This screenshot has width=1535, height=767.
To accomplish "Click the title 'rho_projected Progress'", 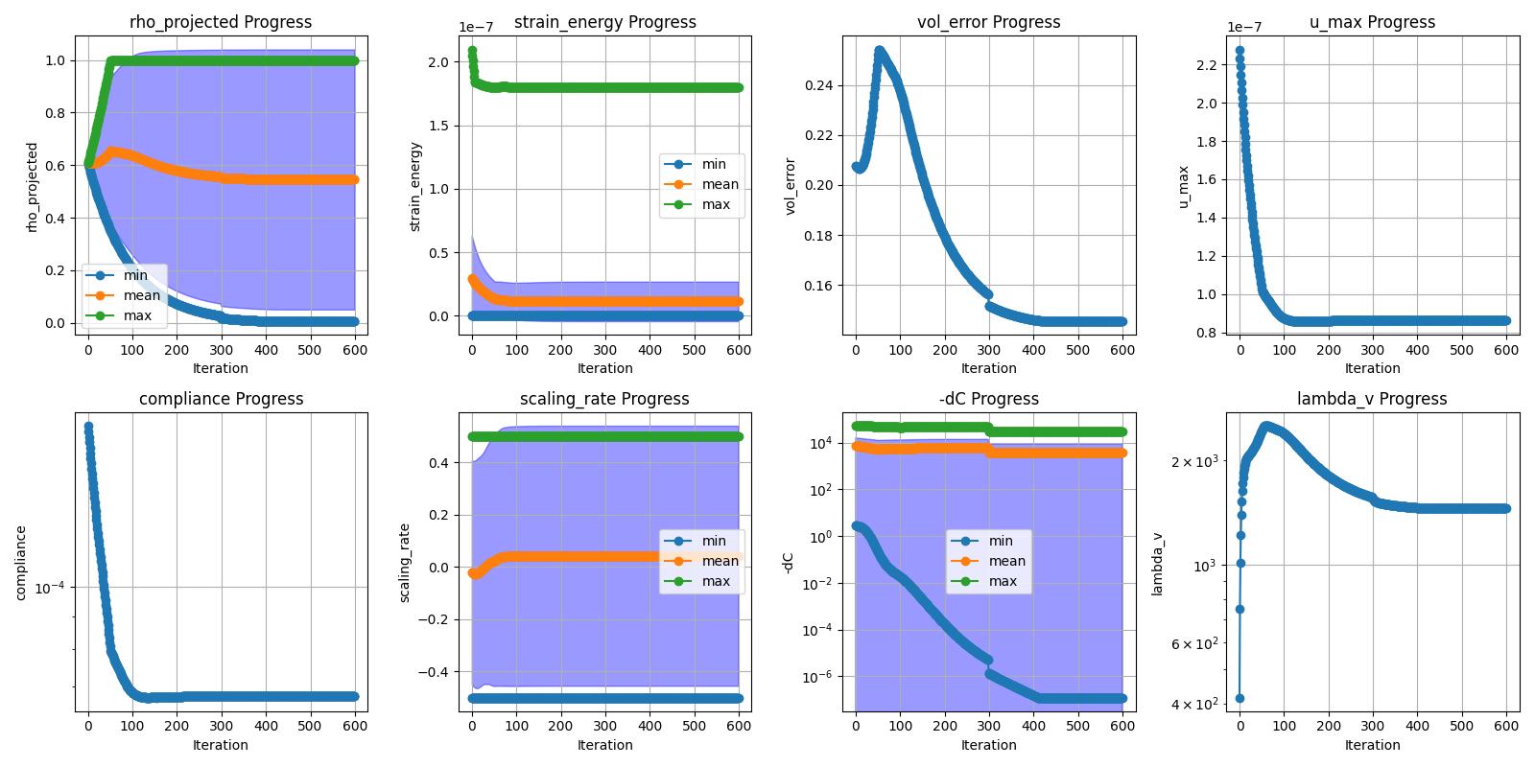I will [x=221, y=22].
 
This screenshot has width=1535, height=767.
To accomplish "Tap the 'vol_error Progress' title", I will [x=988, y=22].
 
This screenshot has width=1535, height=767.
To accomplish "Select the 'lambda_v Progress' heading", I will [x=1372, y=399].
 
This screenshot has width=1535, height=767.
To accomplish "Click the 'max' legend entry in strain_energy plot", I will [x=716, y=204].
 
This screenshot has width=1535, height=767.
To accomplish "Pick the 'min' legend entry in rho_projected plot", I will [x=135, y=275].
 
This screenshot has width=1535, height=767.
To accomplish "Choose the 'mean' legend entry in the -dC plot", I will [x=1006, y=561].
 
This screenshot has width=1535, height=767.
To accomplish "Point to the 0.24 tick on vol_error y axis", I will [x=817, y=85].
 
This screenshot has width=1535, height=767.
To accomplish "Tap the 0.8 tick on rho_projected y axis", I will [x=55, y=113].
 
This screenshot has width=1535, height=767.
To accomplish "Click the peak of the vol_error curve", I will [x=879, y=50].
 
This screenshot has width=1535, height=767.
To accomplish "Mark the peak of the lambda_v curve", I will [x=1266, y=426].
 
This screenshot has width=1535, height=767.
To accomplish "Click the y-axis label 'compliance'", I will [x=20, y=563].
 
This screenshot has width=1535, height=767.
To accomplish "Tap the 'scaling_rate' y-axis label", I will [x=405, y=563].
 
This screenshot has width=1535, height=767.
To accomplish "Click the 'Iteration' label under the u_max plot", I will [x=1372, y=368].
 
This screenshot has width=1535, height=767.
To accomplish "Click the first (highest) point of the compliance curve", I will [x=88, y=427].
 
